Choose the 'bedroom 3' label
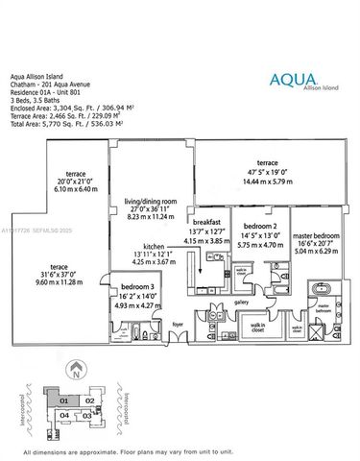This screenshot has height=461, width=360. [x=132, y=288]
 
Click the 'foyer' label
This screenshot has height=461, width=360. [x=177, y=325]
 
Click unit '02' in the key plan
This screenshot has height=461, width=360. [x=89, y=398]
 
